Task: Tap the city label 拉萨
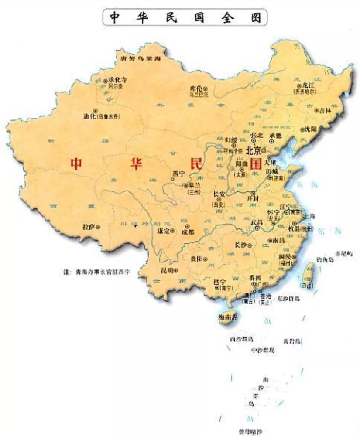[x=89, y=227]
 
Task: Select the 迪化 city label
[x=89, y=116]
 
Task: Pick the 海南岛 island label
[x=228, y=317]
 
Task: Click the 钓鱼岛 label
[x=325, y=260]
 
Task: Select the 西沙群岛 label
[x=242, y=339]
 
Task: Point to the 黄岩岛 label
[x=292, y=341]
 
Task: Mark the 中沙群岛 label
[x=263, y=350]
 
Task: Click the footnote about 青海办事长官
[x=96, y=272]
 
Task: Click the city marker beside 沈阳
[x=302, y=129]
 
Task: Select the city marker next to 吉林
[x=317, y=110]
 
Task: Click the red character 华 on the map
[x=137, y=163]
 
